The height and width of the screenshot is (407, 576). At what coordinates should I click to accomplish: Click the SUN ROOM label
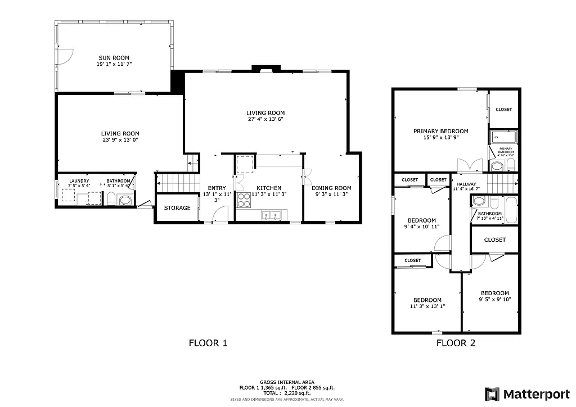click(114, 57)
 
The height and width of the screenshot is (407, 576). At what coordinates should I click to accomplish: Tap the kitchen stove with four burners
click(244, 200)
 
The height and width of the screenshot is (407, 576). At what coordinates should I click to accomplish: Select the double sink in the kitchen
click(271, 215)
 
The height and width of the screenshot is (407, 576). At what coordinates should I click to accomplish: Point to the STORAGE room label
click(177, 208)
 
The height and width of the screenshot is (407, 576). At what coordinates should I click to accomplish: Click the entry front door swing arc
click(221, 212)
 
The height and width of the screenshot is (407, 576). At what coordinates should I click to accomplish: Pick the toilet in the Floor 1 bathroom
click(111, 198)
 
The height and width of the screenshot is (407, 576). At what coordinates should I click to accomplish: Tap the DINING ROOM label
click(332, 188)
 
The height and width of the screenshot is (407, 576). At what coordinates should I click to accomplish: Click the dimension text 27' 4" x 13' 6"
click(265, 119)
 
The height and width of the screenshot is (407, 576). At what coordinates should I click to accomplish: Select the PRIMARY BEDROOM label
click(440, 131)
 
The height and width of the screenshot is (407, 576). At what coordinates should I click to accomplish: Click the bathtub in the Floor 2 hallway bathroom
click(511, 209)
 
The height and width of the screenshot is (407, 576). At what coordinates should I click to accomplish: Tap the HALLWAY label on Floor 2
click(466, 184)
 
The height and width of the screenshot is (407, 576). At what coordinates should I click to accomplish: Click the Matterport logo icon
click(492, 394)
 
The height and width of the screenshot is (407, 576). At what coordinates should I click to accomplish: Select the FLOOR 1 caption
click(208, 342)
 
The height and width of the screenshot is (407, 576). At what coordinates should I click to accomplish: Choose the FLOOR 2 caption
click(456, 342)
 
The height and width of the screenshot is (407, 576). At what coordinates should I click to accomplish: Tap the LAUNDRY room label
click(79, 181)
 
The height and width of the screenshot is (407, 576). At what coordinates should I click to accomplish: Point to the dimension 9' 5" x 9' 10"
click(494, 300)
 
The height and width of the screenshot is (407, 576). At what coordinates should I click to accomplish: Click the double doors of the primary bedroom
click(469, 166)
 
